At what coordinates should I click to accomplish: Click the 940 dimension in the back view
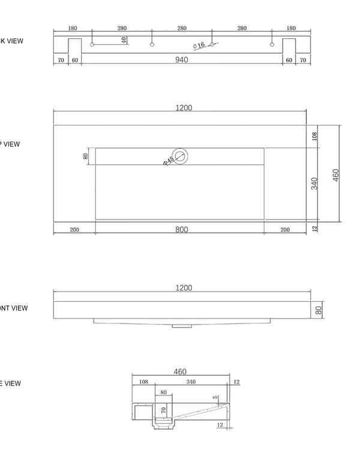[181, 59]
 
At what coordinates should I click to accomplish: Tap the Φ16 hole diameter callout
[199, 46]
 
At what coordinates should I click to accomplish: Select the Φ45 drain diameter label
[169, 160]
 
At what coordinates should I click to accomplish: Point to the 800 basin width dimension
[182, 230]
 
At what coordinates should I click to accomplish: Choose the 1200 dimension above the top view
[184, 108]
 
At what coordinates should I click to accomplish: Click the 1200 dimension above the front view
[184, 288]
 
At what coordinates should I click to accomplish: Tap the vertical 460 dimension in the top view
[336, 175]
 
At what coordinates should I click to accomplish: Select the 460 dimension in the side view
[180, 372]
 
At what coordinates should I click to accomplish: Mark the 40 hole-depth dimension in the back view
[124, 40]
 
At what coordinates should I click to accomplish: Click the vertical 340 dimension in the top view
[314, 184]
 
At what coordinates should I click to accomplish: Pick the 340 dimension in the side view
[191, 382]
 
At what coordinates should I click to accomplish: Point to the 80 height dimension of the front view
[319, 310]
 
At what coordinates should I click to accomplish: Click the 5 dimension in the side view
[215, 397]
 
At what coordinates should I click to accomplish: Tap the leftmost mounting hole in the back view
[92, 44]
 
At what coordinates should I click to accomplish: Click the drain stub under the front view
[180, 326]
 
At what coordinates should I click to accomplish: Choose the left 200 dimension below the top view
[74, 230]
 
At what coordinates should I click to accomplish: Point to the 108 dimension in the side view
[143, 382]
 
